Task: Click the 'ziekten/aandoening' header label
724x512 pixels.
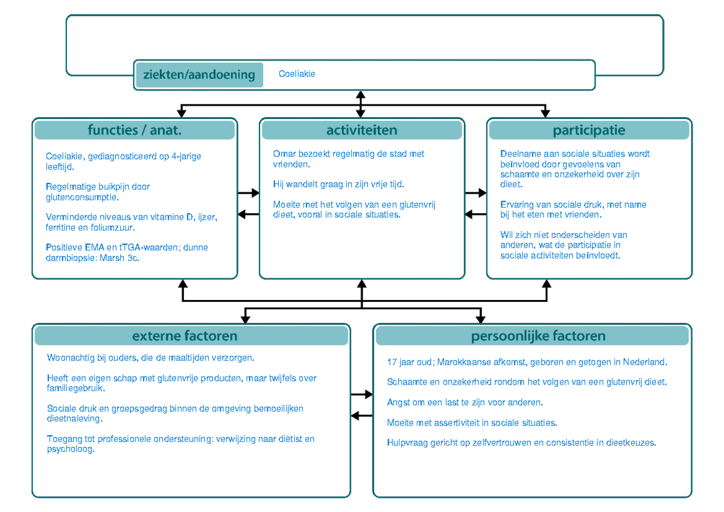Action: (x=198, y=75)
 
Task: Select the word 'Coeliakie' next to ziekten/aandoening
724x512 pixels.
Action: (x=297, y=74)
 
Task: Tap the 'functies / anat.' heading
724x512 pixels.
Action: (x=135, y=130)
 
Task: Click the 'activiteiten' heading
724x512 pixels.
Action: (x=361, y=130)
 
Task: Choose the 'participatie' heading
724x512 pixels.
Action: (x=589, y=130)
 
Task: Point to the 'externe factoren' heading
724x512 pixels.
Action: (x=185, y=336)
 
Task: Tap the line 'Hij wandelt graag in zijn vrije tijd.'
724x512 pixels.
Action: (x=338, y=184)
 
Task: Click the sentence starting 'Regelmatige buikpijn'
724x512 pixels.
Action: (x=97, y=192)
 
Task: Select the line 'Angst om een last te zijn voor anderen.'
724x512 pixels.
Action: (x=465, y=402)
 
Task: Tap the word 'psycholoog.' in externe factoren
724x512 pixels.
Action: (x=71, y=449)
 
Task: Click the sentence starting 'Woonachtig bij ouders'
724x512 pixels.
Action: (x=151, y=358)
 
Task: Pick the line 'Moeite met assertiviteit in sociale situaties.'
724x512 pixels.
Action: (x=472, y=423)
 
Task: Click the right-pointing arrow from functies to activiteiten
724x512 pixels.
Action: (x=248, y=193)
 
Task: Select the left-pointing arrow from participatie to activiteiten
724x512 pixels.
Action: (x=475, y=214)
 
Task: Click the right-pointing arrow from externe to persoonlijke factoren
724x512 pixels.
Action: (x=361, y=394)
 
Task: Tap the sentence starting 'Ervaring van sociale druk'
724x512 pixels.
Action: (x=573, y=210)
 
